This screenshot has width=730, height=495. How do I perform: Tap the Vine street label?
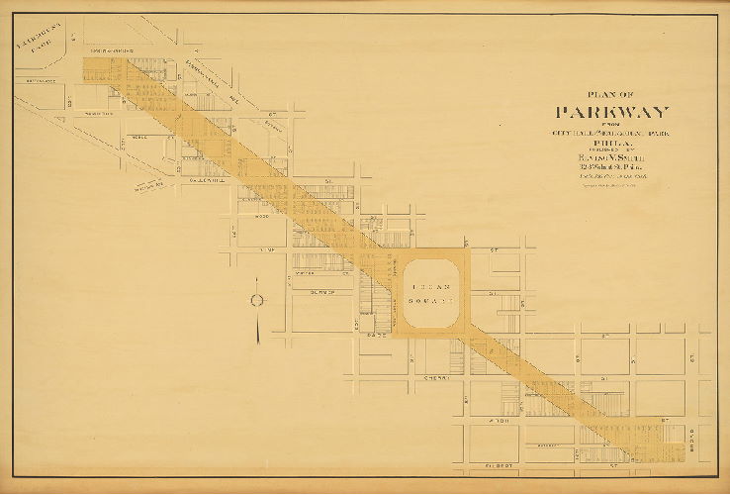[x=264, y=251]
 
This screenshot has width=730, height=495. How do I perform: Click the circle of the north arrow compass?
[x=255, y=299]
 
